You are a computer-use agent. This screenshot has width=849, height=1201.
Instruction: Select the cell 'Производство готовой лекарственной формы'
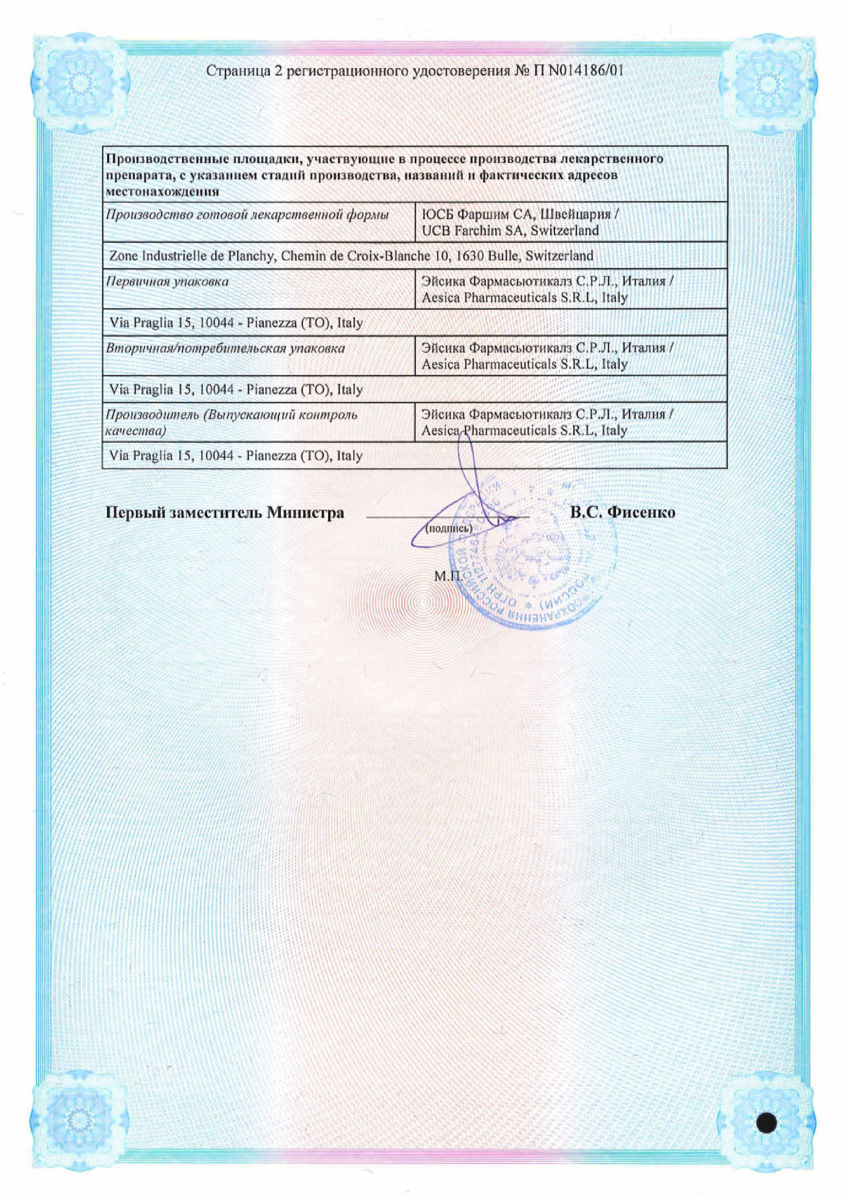[247, 214]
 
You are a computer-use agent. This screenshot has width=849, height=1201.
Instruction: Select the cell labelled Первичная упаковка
[167, 281]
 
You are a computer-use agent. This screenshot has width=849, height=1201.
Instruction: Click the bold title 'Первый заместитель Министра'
[225, 512]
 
